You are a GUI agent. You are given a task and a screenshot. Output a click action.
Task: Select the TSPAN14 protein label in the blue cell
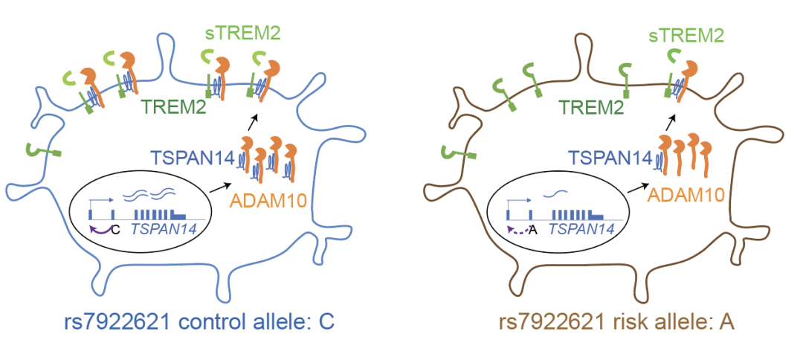click(193, 157)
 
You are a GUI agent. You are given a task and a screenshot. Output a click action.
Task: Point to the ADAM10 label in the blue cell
click(267, 199)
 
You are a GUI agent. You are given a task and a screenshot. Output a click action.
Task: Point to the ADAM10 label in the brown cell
click(685, 195)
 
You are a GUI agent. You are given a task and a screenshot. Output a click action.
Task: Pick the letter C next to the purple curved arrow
click(115, 230)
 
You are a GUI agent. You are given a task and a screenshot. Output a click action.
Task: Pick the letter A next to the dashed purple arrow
click(532, 230)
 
